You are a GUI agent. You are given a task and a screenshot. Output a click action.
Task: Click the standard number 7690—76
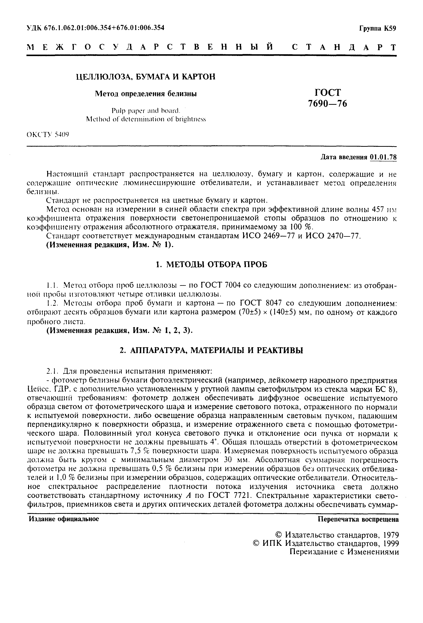(327, 103)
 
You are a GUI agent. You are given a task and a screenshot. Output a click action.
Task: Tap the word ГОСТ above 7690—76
(327, 93)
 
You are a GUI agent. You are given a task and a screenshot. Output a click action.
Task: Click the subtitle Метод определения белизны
(146, 94)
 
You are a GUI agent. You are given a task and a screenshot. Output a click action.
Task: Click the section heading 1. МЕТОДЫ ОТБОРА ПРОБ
(211, 265)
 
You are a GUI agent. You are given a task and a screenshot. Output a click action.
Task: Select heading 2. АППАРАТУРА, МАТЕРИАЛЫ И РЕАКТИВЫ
(211, 350)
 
